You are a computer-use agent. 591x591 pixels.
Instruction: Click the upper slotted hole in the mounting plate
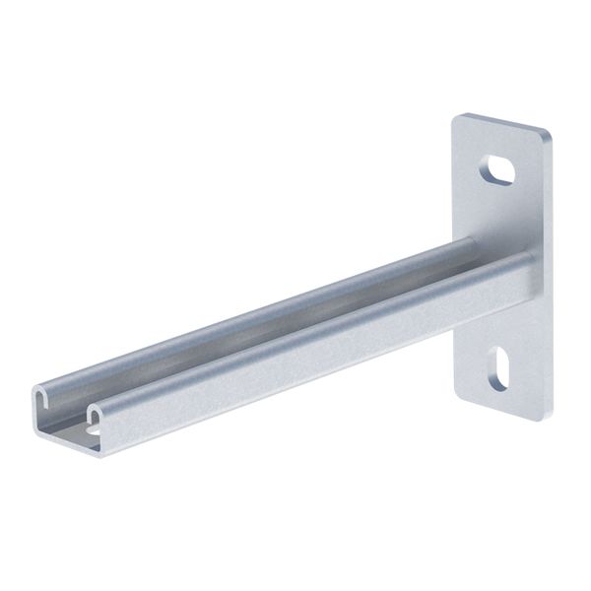coord(498,170)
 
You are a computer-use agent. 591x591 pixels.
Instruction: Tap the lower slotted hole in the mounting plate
coord(499,368)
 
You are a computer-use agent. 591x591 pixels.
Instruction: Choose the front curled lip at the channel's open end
coord(94,408)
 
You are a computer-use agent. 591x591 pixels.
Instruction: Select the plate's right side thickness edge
coord(548,276)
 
